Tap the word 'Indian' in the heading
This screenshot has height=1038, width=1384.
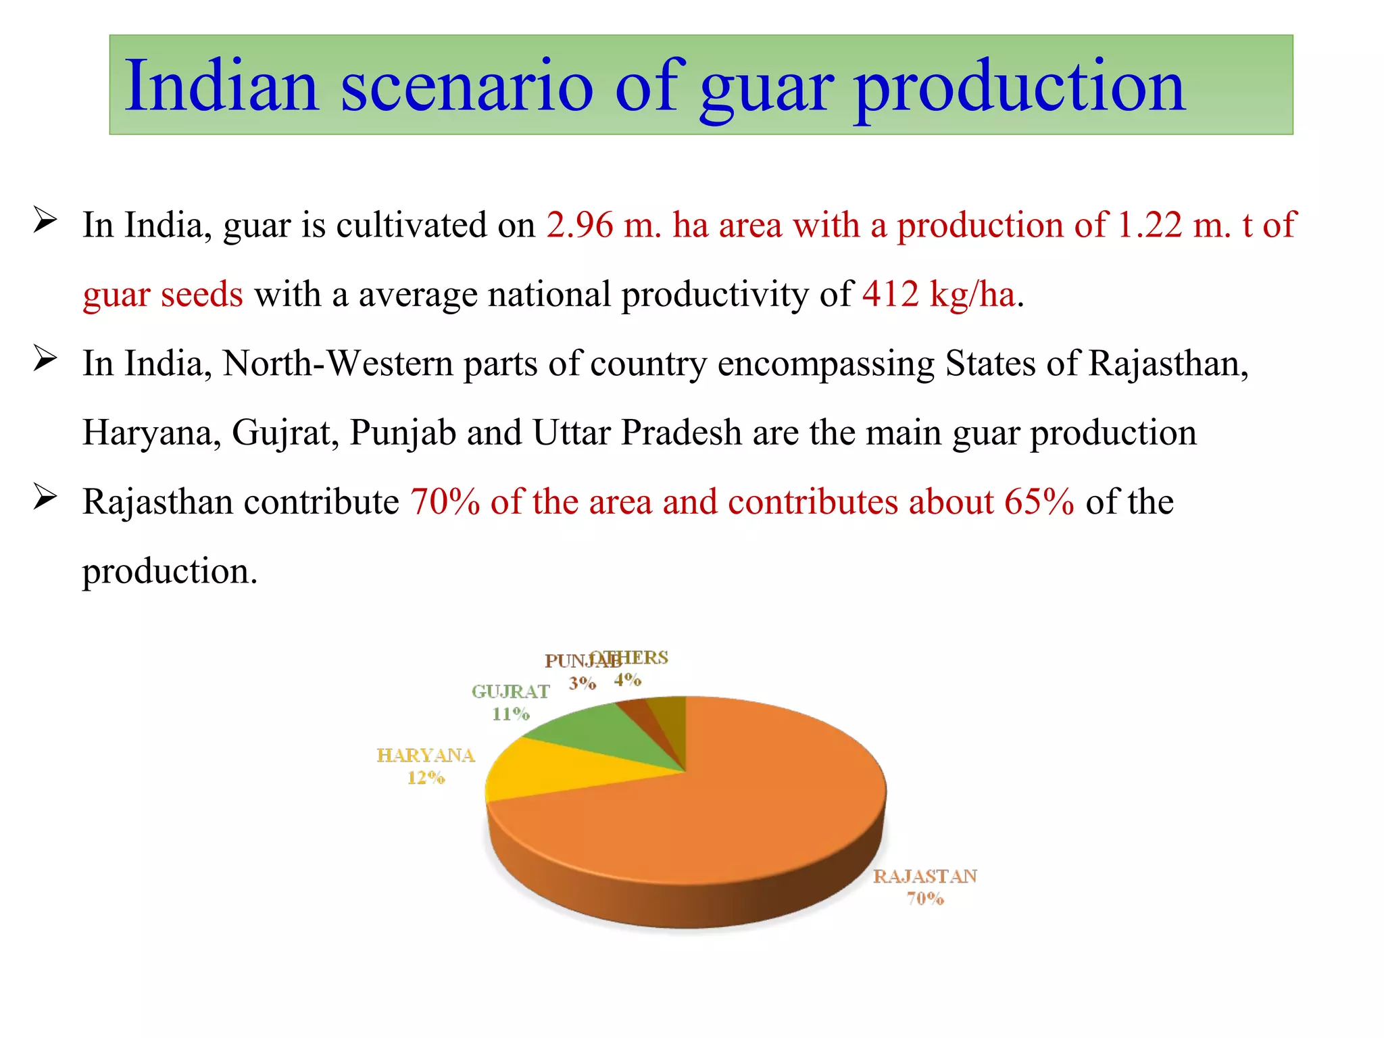click(221, 86)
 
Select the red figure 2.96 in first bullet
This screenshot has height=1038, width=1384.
click(579, 225)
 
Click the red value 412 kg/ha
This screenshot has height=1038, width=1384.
click(938, 295)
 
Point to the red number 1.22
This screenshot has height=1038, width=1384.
click(1150, 225)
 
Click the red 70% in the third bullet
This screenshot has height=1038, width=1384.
click(445, 502)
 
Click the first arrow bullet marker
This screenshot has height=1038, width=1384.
click(45, 220)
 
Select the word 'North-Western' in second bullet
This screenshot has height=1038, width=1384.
click(337, 364)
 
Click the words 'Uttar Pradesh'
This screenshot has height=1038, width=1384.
click(637, 432)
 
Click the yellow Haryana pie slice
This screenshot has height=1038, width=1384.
click(541, 770)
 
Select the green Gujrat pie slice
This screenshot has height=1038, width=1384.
click(595, 730)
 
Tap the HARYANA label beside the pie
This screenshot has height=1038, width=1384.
click(426, 756)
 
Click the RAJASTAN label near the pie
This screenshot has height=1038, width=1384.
click(924, 876)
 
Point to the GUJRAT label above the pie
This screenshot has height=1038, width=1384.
click(510, 692)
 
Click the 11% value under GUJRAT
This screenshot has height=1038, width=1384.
click(510, 714)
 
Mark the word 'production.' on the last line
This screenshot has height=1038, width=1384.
click(170, 572)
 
